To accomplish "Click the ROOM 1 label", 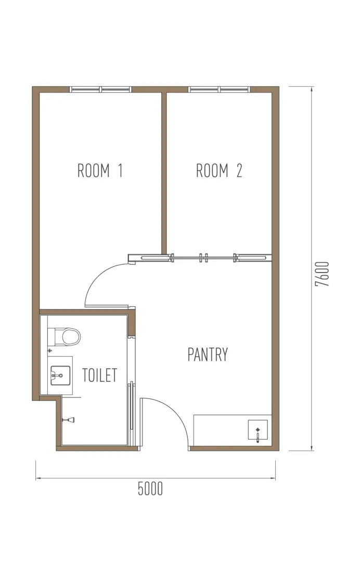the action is tap(100, 171).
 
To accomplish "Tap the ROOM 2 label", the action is tap(219, 171).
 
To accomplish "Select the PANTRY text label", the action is tap(208, 355).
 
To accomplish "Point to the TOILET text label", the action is tap(99, 375).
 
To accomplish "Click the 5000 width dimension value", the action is tap(150, 488).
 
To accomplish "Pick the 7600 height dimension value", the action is tap(322, 274).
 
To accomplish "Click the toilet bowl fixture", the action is tap(67, 337).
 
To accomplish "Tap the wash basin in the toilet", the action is tap(60, 376).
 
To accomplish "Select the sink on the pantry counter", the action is tap(258, 430).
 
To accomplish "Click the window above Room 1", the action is tap(100, 89).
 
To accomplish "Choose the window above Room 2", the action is tap(220, 89).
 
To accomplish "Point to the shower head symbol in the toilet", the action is tap(69, 420).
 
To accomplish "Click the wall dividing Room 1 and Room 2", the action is tap(164, 173).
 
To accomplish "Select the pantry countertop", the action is tap(233, 430).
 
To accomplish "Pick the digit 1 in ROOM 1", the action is tap(120, 171).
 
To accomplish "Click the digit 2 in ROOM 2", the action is tap(239, 171).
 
